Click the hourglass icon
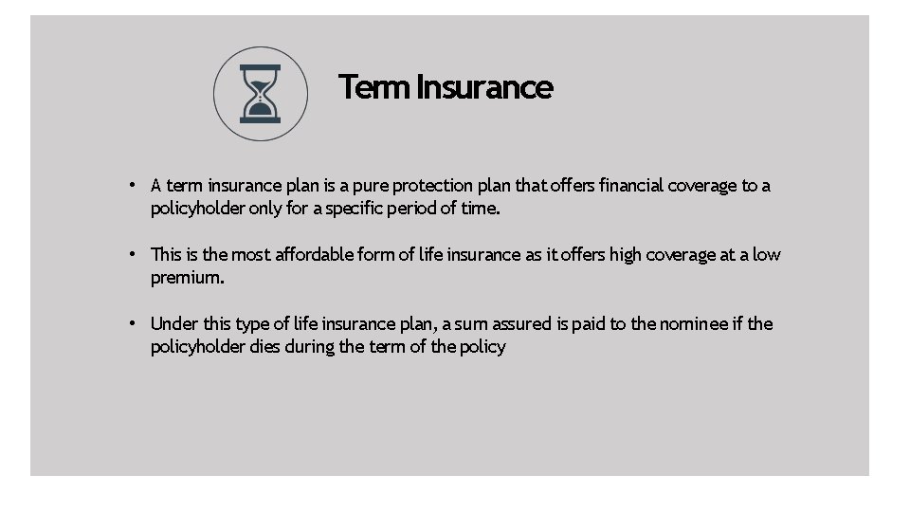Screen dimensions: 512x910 coord(260,94)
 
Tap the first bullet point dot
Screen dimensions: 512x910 coord(136,185)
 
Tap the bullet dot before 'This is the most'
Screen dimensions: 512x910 coord(136,254)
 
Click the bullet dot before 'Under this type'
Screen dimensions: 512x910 coord(136,323)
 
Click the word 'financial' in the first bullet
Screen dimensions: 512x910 coord(631,186)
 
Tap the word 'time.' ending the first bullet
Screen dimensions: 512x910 coord(480,209)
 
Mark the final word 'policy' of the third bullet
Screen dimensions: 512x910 coord(482,347)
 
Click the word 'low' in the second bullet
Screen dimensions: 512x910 coord(767,255)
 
